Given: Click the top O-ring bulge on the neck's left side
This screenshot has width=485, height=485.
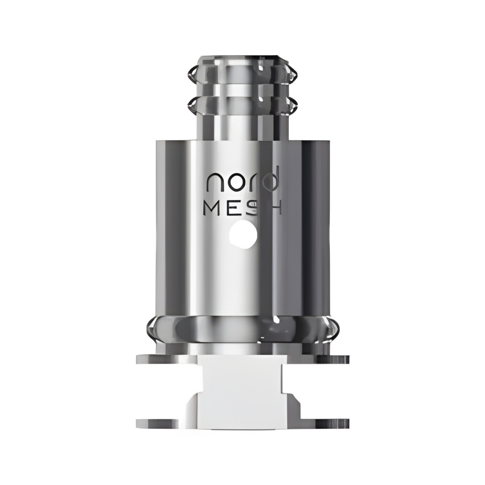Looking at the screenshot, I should (x=190, y=74).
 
